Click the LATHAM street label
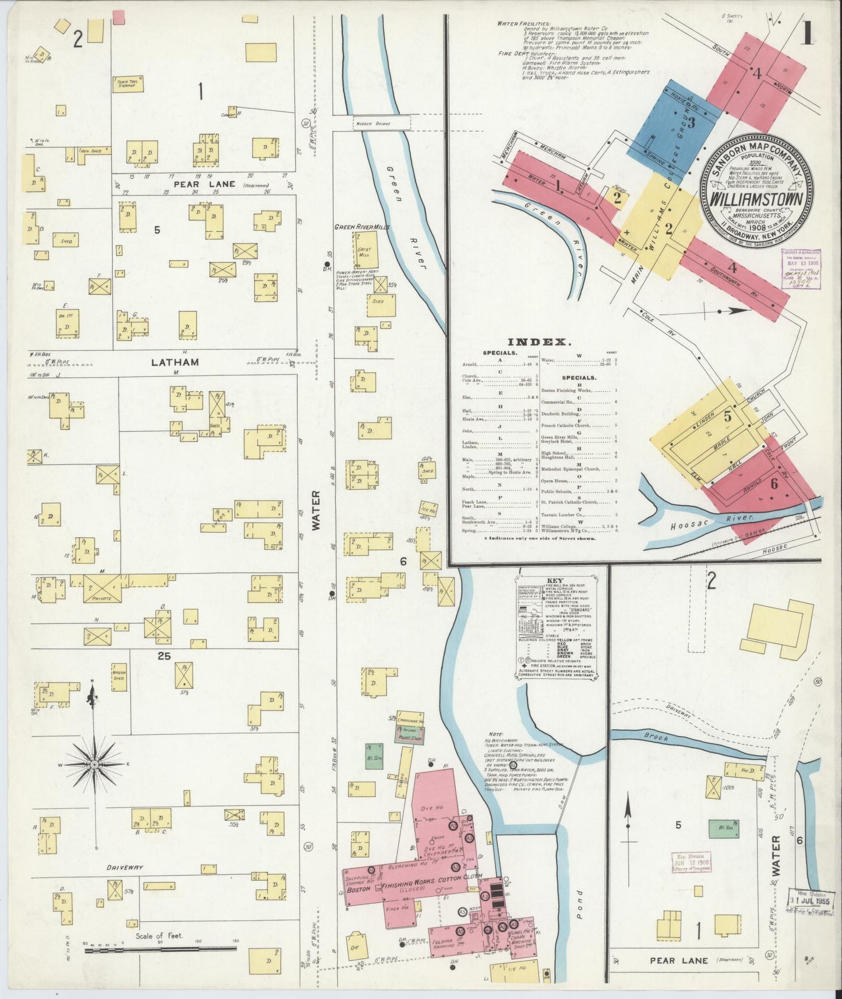tap(175, 362)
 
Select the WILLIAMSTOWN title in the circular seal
tap(758, 198)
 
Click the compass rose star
tap(93, 764)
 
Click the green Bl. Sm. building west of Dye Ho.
tap(374, 755)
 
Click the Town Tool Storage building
tap(128, 85)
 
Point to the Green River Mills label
tap(362, 227)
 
